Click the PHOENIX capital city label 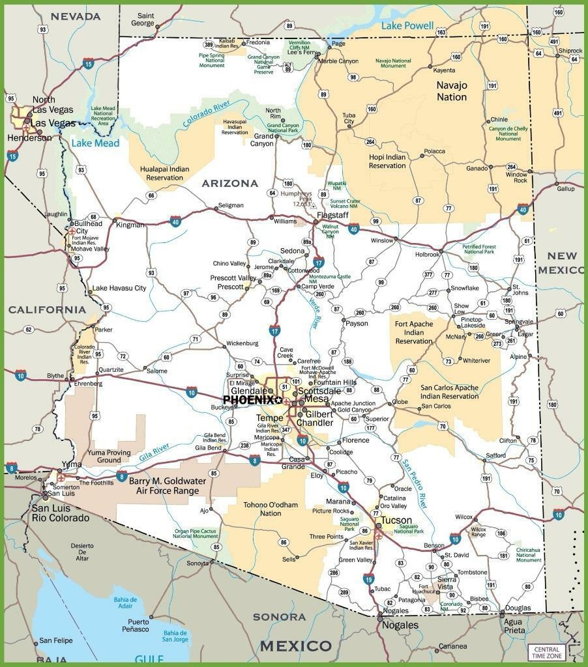click(x=249, y=399)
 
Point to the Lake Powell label click(x=407, y=25)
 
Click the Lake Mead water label click(x=95, y=143)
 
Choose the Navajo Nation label click(x=452, y=91)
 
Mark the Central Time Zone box click(x=547, y=652)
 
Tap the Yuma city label click(x=71, y=464)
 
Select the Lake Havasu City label click(x=119, y=288)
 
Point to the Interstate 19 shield click(x=369, y=578)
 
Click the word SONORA click(x=279, y=616)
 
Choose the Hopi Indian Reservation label click(x=387, y=161)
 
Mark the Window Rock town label click(x=516, y=178)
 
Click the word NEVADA click(x=76, y=16)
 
